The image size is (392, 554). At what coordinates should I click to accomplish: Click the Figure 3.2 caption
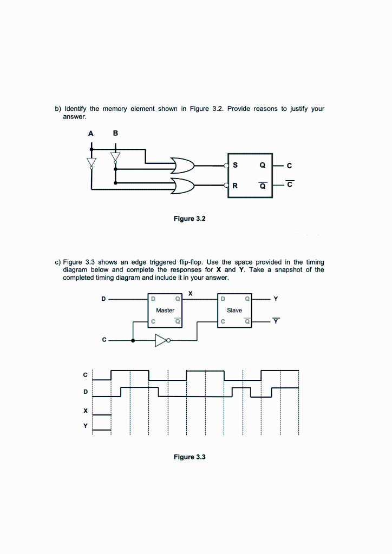(x=190, y=219)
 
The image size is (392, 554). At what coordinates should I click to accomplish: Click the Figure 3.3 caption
(x=190, y=457)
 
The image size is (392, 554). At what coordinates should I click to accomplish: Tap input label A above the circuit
(x=92, y=133)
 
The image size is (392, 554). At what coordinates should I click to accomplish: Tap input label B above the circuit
(x=115, y=133)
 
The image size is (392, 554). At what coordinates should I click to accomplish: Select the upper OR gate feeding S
(x=182, y=164)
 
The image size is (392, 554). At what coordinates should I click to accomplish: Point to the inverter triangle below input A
(x=92, y=162)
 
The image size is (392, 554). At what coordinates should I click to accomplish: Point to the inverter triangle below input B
(x=115, y=157)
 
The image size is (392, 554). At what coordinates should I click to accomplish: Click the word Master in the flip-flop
(x=165, y=311)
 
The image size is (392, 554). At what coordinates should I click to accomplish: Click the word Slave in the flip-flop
(x=234, y=311)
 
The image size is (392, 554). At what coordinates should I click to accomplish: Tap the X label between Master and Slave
(x=191, y=293)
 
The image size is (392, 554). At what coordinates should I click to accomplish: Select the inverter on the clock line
(x=162, y=340)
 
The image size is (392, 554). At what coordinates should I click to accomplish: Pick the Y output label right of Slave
(x=276, y=299)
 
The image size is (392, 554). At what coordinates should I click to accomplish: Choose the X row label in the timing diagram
(x=85, y=411)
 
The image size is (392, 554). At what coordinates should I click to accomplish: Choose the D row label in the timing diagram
(x=85, y=391)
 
